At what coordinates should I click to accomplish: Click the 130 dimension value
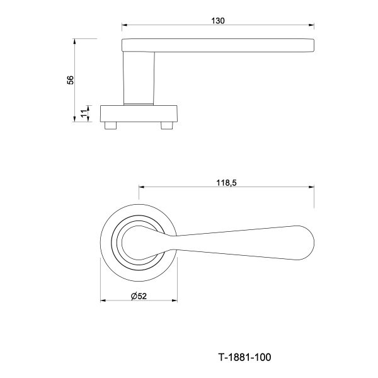(218, 21)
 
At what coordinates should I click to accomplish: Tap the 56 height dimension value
(70, 80)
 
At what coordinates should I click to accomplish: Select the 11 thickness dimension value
(84, 113)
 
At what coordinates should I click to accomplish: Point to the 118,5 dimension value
(226, 183)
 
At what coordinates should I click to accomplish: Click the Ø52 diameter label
(139, 296)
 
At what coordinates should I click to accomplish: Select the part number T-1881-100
(244, 357)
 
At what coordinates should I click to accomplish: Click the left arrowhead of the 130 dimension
(124, 25)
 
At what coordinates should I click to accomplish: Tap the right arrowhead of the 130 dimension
(311, 25)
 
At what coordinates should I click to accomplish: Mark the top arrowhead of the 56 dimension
(74, 41)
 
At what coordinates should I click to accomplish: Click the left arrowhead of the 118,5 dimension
(142, 187)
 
